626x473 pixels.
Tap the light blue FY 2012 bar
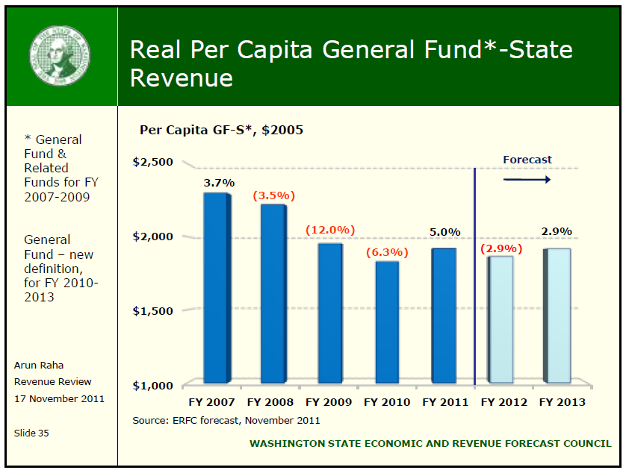click(501, 319)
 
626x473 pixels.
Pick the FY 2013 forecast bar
click(559, 316)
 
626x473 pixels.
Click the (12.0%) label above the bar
click(329, 230)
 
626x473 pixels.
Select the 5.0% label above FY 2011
click(445, 232)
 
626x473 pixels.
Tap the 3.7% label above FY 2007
click(219, 182)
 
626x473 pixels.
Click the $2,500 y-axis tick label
click(152, 163)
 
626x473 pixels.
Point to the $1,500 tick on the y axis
click(152, 310)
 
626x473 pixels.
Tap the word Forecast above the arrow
click(527, 159)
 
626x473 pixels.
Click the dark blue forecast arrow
click(527, 179)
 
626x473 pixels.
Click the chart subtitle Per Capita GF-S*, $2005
click(221, 130)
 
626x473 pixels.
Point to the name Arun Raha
click(39, 365)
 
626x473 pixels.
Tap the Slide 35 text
click(31, 433)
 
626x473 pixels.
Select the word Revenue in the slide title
click(182, 78)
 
